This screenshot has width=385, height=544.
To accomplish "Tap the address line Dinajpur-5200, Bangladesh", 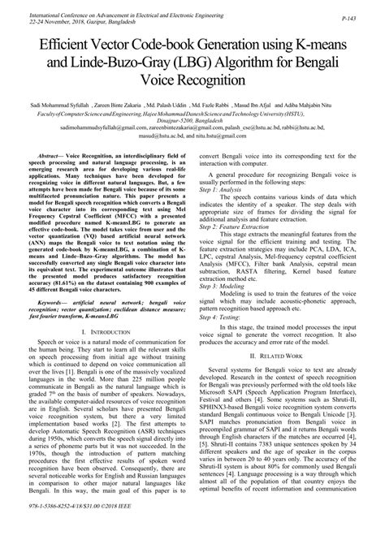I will tap(192, 121).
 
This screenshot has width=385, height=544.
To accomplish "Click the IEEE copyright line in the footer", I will tap(91, 535).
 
